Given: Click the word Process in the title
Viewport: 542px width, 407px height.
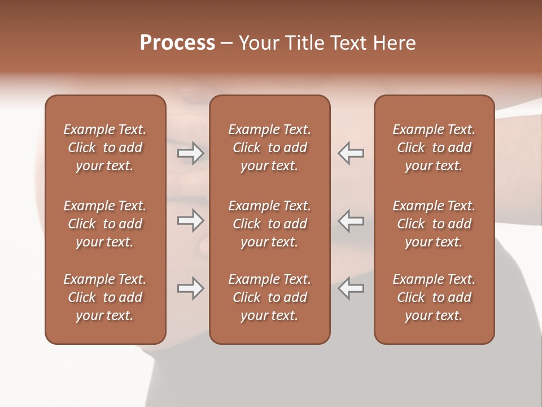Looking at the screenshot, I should [x=177, y=43].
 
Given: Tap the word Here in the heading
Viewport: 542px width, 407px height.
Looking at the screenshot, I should [x=395, y=43].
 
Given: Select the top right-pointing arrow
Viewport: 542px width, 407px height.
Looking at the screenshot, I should [x=191, y=153].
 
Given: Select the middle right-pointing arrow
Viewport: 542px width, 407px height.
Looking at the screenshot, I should [x=191, y=220].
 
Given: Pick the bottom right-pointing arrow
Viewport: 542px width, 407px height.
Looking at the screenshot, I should [x=191, y=288].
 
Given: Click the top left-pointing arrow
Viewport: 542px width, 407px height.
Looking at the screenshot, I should [x=351, y=153].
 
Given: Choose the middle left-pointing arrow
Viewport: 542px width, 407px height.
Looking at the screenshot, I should [x=351, y=220].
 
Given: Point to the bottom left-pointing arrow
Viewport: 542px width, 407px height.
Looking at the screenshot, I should [x=351, y=288].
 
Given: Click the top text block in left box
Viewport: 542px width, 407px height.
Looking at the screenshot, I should [x=105, y=148].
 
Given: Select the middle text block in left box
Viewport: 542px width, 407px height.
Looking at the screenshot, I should [x=105, y=224].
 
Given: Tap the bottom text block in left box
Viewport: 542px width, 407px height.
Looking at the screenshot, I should [x=105, y=297].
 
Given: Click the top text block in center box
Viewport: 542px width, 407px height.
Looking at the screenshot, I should [x=269, y=148].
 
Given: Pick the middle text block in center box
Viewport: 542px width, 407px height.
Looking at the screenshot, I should [x=269, y=224].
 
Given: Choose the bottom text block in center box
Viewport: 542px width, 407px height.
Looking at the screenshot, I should [x=269, y=297].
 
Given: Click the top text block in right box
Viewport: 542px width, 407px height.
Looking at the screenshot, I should [x=434, y=148].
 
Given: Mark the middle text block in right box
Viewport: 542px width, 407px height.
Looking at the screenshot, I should [x=434, y=224].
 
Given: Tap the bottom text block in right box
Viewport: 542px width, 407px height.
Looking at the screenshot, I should [x=434, y=297].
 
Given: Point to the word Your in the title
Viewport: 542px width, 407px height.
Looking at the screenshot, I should [x=259, y=43].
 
